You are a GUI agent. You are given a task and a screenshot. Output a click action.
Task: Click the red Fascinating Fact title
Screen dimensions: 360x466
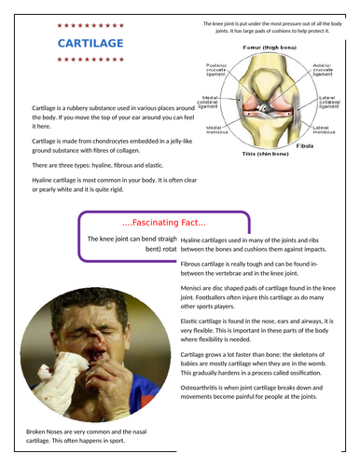point(164,222)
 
